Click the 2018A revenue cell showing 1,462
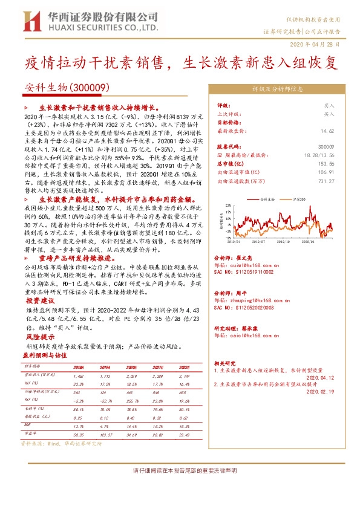point(79,376)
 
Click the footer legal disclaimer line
point(185,470)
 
